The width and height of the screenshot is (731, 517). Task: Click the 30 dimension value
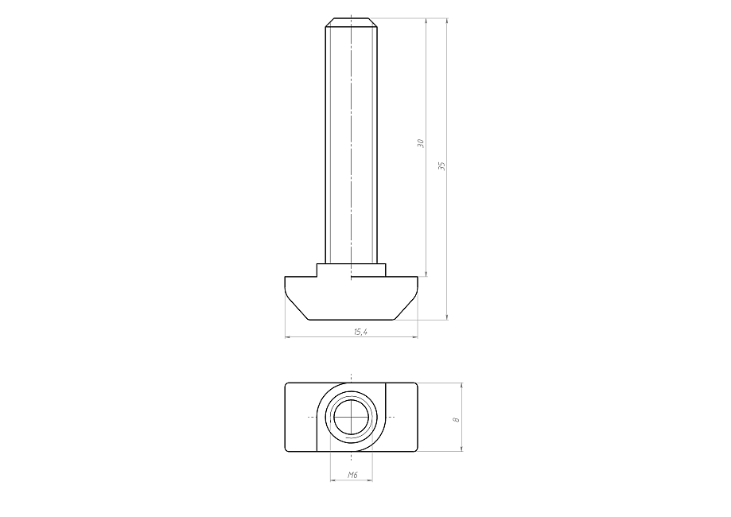pos(421,143)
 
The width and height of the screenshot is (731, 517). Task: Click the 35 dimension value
pos(442,166)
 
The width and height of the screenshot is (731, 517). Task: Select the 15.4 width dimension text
pos(360,332)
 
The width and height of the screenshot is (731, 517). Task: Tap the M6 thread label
pos(352,475)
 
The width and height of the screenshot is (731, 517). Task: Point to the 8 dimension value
pos(457,420)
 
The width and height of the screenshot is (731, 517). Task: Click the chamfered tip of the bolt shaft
pos(351,22)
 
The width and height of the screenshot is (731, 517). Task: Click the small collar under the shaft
pos(351,270)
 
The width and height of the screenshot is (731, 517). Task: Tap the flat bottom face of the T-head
pos(352,320)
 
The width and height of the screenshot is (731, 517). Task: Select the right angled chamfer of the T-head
pos(406,309)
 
